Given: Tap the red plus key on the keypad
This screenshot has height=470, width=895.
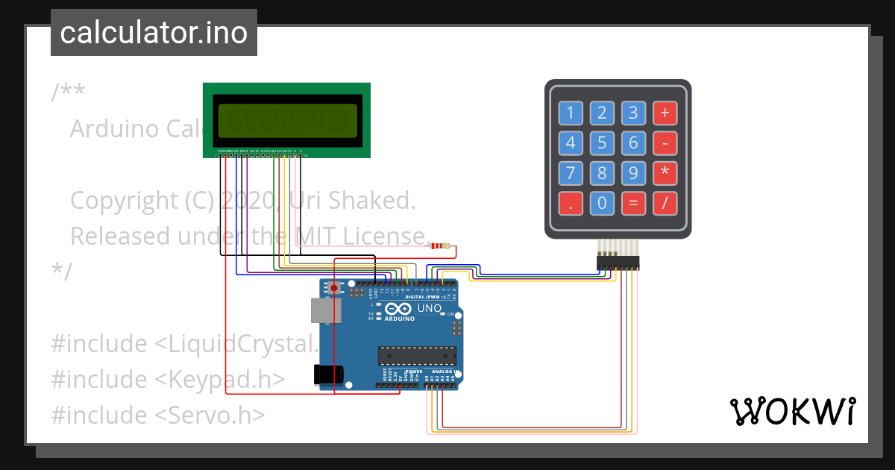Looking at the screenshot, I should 665,113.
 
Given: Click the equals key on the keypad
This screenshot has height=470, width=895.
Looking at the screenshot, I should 633,203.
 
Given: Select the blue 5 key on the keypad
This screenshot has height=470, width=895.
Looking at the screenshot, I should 602,143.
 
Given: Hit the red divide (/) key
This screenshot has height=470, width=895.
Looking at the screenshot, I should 665,203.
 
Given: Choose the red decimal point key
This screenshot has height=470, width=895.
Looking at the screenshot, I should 571,203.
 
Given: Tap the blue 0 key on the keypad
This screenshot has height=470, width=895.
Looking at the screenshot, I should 602,203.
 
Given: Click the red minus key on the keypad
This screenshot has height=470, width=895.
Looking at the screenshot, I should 665,143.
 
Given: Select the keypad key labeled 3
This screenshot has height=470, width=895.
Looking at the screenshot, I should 633,113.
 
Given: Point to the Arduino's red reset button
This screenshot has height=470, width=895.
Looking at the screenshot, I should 334,287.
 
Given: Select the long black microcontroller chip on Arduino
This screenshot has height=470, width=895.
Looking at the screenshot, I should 415,357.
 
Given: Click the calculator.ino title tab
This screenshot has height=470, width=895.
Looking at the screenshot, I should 154,33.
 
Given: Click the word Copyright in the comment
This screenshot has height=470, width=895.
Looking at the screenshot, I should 122,201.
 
